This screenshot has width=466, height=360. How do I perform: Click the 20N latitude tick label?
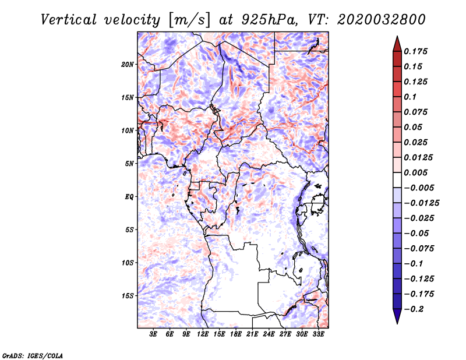pos(128,64)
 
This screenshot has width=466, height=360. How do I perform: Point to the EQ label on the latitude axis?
pos(129,196)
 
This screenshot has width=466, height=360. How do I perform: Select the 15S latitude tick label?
pos(128,295)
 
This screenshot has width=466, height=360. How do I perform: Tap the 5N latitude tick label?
pos(129,163)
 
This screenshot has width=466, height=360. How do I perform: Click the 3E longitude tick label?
pos(154,334)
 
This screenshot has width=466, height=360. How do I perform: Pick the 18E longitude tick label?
pos(236,334)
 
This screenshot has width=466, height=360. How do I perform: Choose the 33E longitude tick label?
pos(318,334)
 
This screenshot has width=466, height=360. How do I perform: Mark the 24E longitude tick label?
pos(269,334)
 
